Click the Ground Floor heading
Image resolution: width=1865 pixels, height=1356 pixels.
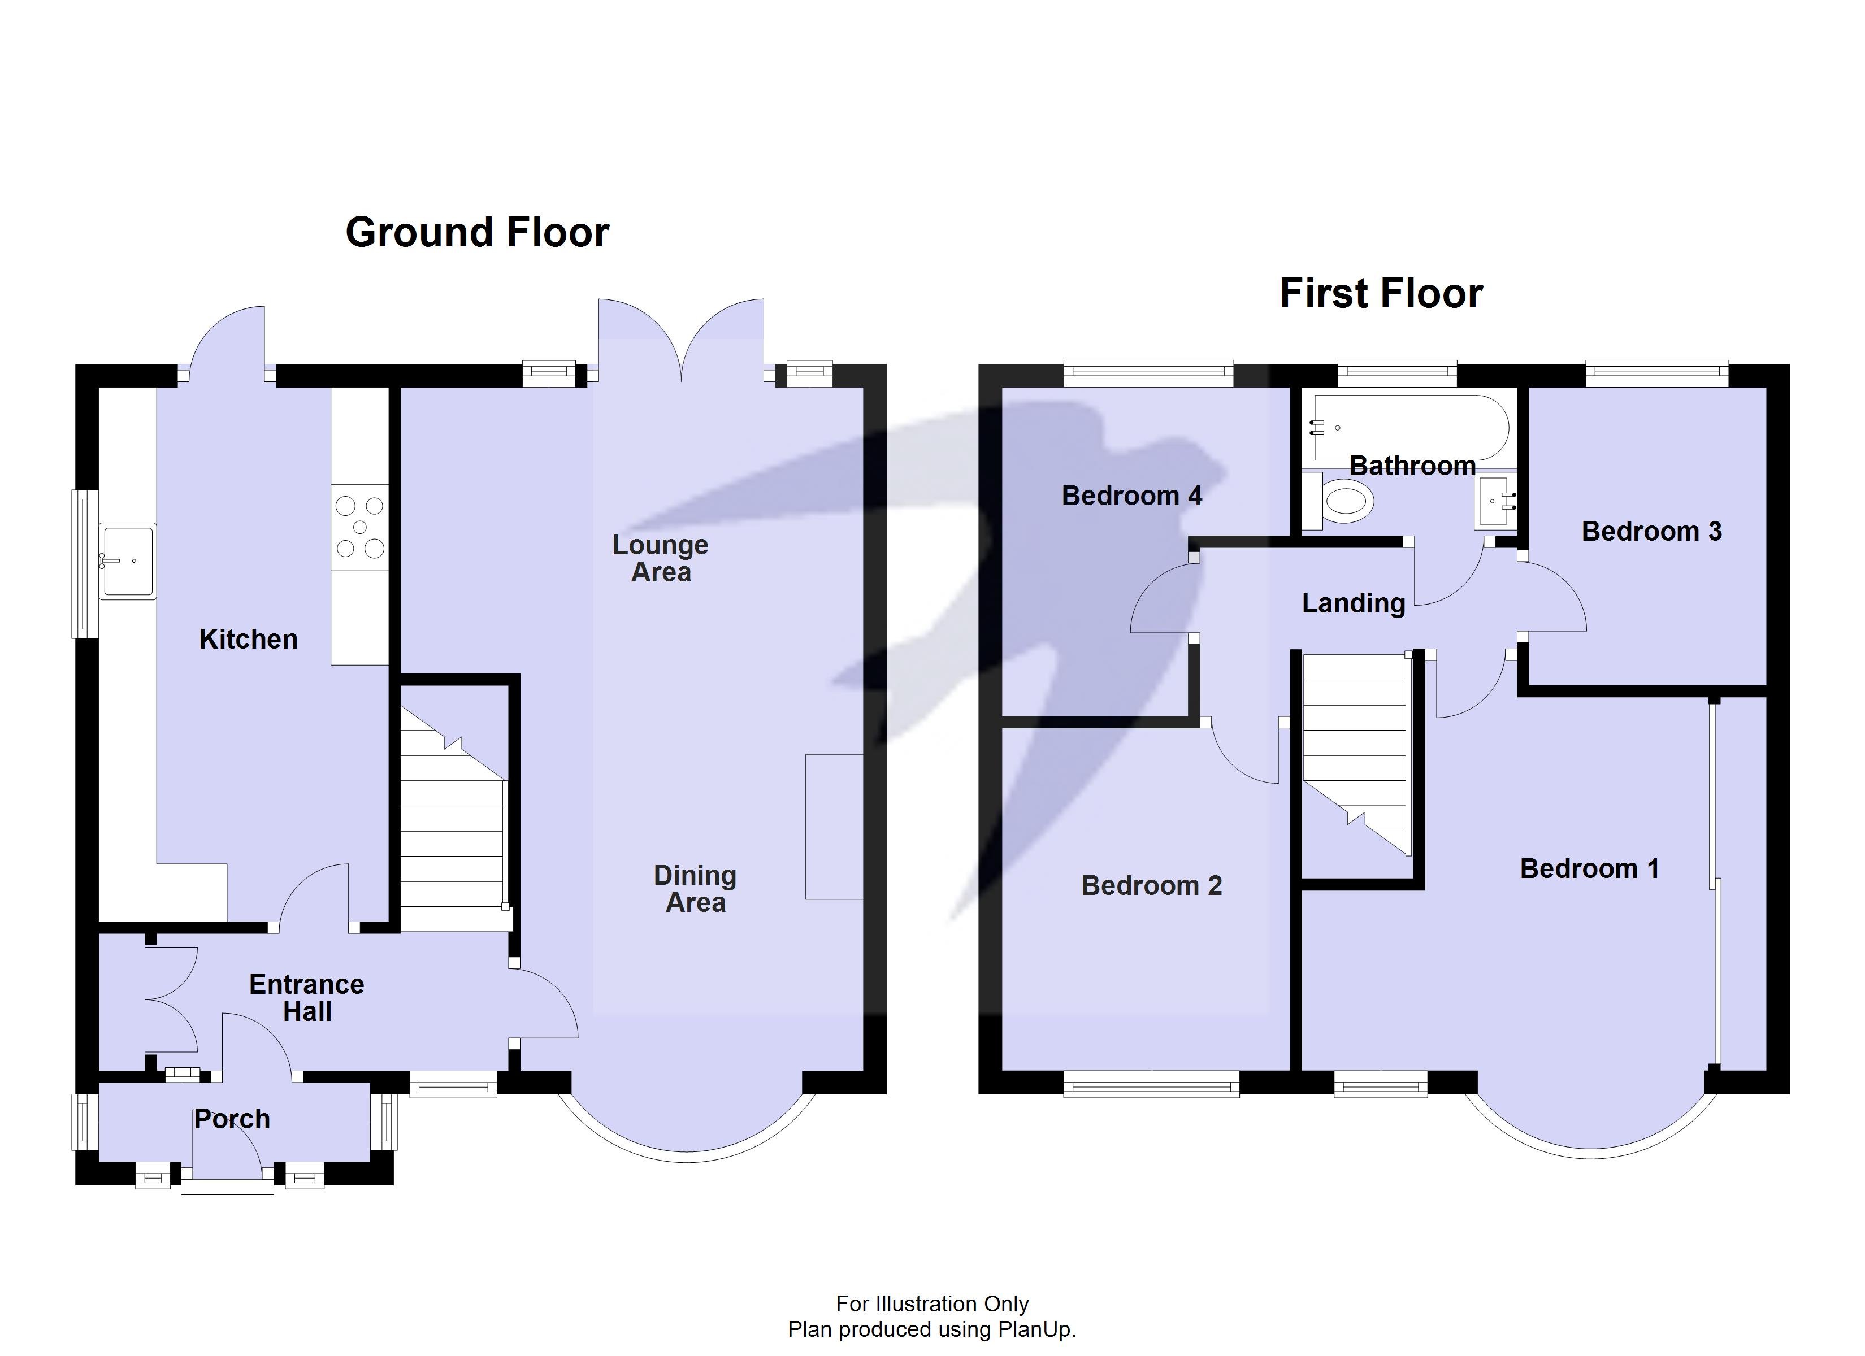coord(477,233)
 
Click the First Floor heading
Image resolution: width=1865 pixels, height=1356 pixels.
coord(1381,294)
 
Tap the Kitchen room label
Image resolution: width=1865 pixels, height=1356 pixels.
coord(248,639)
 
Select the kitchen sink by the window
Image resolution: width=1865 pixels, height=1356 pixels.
coord(128,561)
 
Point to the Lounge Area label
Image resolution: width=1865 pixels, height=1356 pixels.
coord(660,558)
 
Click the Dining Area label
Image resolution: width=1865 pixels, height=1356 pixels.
coord(695,889)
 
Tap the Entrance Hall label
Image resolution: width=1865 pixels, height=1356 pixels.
coord(307,997)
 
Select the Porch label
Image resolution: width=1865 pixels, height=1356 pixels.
coord(232,1119)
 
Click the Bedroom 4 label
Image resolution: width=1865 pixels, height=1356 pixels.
coord(1131,496)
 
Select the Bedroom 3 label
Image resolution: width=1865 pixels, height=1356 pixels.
coord(1651,531)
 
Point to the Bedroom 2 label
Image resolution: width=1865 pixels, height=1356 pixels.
coord(1151,885)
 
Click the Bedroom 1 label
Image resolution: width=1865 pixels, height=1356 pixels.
coord(1589,868)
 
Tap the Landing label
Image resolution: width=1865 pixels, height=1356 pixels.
coord(1354,603)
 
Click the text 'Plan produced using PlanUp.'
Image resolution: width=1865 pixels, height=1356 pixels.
coord(932,1329)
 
